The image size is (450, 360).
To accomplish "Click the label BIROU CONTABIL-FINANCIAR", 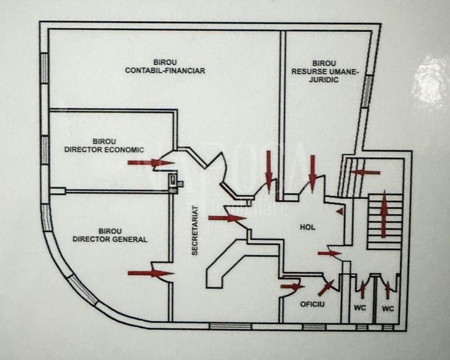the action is (x=165, y=67).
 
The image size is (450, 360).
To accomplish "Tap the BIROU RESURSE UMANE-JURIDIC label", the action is (x=325, y=72).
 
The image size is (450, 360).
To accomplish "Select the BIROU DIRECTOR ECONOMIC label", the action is (x=104, y=146).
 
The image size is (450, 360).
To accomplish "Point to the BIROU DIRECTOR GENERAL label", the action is (x=110, y=235).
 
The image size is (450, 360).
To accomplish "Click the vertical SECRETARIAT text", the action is (x=195, y=230).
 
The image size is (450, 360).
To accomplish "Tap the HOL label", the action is (x=307, y=227).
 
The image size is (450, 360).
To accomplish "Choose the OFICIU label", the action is (x=312, y=304).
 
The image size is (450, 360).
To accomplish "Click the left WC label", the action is (x=360, y=308).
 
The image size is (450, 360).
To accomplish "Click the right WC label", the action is (x=388, y=309).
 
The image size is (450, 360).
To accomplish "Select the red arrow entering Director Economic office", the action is (x=151, y=163).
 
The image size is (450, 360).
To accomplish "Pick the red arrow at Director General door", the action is (x=151, y=273).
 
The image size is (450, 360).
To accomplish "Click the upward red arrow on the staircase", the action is (x=384, y=214).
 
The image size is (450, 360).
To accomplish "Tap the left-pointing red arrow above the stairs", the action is (x=366, y=172).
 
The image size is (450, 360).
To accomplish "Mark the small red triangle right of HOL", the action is (x=340, y=212).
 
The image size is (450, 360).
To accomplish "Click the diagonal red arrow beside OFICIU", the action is (x=326, y=288).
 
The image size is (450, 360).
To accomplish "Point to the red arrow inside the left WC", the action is (x=362, y=290).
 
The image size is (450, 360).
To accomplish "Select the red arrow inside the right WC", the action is (x=388, y=290).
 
